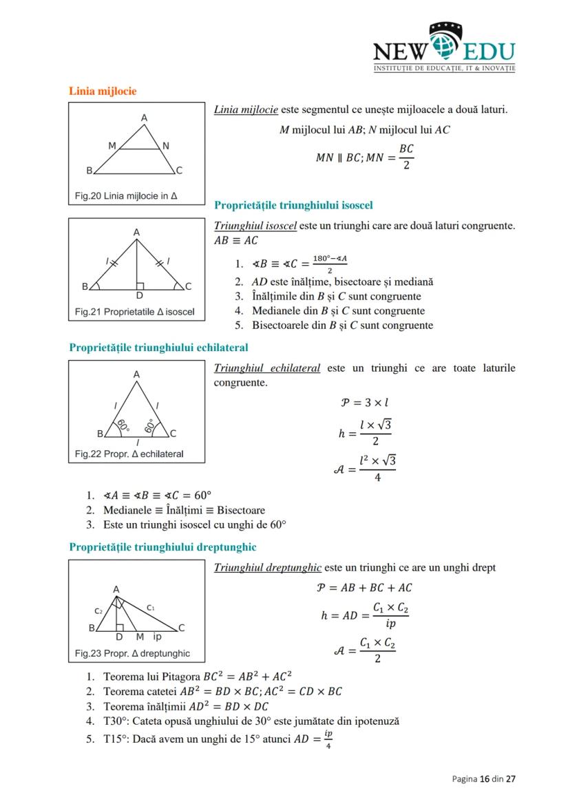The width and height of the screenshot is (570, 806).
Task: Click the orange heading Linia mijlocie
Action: (103, 91)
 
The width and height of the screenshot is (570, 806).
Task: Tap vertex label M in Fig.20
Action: (112, 146)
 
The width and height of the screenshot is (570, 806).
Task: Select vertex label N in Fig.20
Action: (166, 146)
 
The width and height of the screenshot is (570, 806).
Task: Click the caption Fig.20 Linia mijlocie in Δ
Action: (126, 196)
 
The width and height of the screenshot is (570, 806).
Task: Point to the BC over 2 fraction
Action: (406, 157)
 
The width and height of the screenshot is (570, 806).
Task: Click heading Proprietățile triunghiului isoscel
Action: (293, 205)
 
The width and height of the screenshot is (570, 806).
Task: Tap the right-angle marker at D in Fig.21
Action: (140, 285)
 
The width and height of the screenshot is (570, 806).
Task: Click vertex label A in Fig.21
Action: (136, 233)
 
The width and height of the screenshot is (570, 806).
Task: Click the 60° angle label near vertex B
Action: (123, 425)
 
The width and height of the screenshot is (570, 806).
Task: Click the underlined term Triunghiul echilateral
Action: (267, 368)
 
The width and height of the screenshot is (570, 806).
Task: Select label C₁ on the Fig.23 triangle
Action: (151, 608)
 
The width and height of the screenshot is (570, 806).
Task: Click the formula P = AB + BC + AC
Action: (364, 587)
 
